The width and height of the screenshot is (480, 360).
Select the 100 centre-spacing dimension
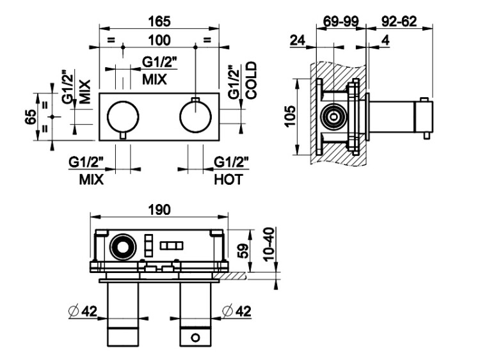tap(159, 40)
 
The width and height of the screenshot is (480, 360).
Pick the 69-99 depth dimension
tap(340, 20)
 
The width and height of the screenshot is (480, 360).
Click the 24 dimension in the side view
tap(296, 41)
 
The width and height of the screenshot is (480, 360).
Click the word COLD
tap(250, 79)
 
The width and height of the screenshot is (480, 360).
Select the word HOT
tap(228, 180)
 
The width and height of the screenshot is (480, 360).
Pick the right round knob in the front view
tap(196, 116)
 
